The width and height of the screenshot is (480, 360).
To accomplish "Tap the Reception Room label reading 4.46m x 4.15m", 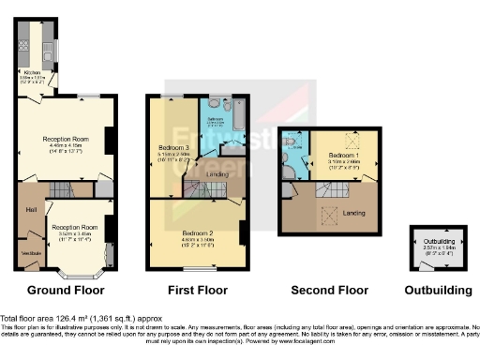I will tap(65, 140).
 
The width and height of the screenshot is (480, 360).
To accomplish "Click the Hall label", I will tap(31, 209).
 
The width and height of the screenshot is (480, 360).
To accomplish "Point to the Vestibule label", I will tap(30, 253).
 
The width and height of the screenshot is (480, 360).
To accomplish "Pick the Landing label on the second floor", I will tap(355, 212).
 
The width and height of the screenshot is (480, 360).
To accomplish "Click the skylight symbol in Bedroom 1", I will tap(352, 138).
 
